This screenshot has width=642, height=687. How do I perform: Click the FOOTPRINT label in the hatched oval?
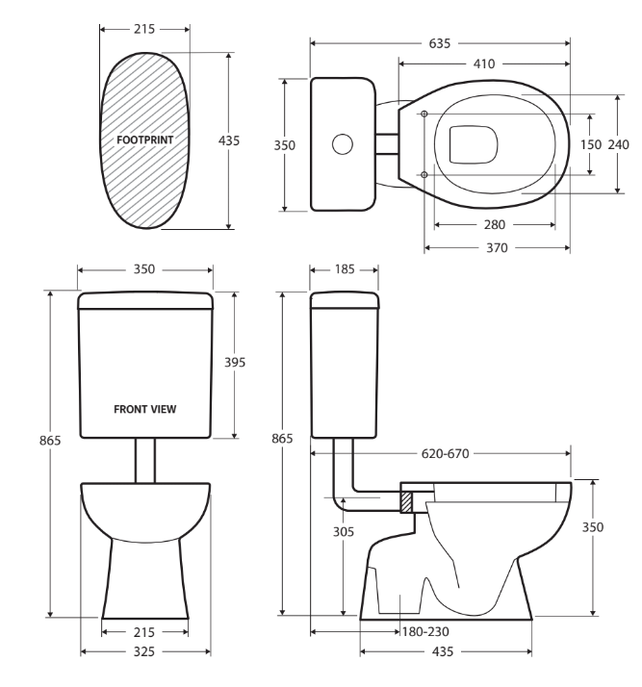(x=144, y=140)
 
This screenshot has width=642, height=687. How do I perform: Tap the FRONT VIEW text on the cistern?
(x=144, y=408)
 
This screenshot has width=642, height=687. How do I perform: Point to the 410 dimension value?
(x=483, y=64)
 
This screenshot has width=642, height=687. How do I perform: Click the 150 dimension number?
(x=590, y=144)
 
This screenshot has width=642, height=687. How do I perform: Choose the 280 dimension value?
(x=495, y=225)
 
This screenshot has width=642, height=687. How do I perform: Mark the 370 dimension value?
(x=496, y=247)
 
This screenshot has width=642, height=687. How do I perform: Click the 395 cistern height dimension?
(x=235, y=363)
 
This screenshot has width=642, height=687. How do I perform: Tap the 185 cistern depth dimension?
(x=344, y=269)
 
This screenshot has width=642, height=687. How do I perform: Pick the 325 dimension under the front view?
(x=144, y=652)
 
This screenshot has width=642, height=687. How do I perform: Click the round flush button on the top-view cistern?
(x=342, y=144)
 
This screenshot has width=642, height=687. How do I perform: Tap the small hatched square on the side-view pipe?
(x=406, y=501)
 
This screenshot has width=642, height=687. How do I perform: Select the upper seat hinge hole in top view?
(x=424, y=114)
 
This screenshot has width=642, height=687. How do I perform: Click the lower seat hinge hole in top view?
(x=424, y=174)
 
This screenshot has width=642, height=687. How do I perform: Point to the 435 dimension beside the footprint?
(x=229, y=140)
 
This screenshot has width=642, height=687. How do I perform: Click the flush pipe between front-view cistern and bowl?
(x=144, y=461)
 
